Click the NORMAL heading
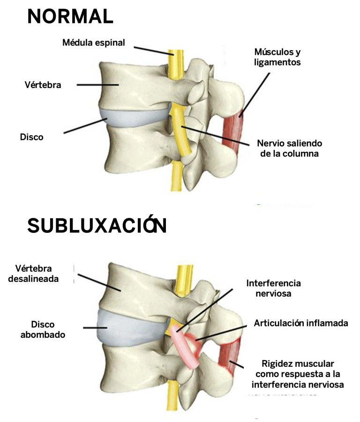pyautogui.click(x=70, y=17)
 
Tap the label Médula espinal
pyautogui.click(x=94, y=43)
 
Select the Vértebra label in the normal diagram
pyautogui.click(x=43, y=85)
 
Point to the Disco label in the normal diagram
pyautogui.click(x=31, y=137)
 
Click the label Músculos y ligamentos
pyautogui.click(x=277, y=56)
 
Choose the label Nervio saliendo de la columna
pyautogui.click(x=289, y=148)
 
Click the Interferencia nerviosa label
pyautogui.click(x=273, y=289)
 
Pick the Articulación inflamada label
pyautogui.click(x=301, y=323)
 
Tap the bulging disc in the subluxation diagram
pyautogui.click(x=127, y=328)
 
